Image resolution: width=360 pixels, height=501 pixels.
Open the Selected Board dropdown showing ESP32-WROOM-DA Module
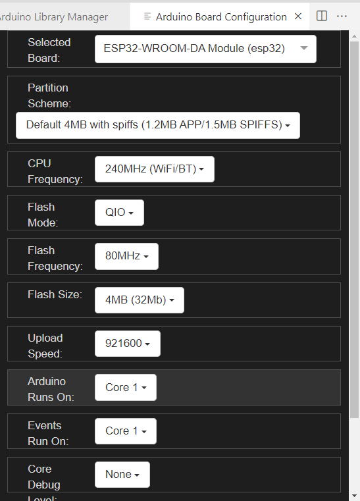click(205, 49)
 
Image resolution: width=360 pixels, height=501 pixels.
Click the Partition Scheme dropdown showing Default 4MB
click(158, 125)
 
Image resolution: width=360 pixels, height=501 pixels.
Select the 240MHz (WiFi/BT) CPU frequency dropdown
click(155, 169)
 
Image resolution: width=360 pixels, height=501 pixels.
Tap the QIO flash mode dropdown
click(120, 213)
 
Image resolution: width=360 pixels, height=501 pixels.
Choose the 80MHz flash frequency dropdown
click(126, 256)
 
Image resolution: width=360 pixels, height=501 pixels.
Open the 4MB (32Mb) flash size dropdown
click(140, 300)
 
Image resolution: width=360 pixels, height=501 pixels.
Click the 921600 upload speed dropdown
click(128, 344)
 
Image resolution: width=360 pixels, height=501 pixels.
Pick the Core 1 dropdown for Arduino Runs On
click(126, 387)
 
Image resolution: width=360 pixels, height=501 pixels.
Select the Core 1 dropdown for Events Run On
click(126, 431)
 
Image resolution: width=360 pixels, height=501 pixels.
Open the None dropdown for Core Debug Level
click(122, 475)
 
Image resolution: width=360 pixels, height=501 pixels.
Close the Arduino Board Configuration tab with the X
click(298, 16)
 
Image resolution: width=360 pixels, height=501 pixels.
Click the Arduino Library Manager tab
click(54, 17)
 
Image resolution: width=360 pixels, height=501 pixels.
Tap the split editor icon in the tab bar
click(322, 16)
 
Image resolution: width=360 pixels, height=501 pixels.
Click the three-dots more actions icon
click(342, 16)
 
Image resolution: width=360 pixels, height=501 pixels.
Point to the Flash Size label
click(55, 294)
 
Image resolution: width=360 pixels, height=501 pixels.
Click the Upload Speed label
click(45, 346)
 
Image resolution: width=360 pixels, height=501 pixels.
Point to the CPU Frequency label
click(55, 171)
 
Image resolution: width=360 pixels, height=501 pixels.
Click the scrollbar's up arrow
click(354, 36)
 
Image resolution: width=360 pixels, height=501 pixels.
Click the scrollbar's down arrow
click(354, 496)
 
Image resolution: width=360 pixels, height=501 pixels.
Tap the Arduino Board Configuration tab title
click(221, 17)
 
